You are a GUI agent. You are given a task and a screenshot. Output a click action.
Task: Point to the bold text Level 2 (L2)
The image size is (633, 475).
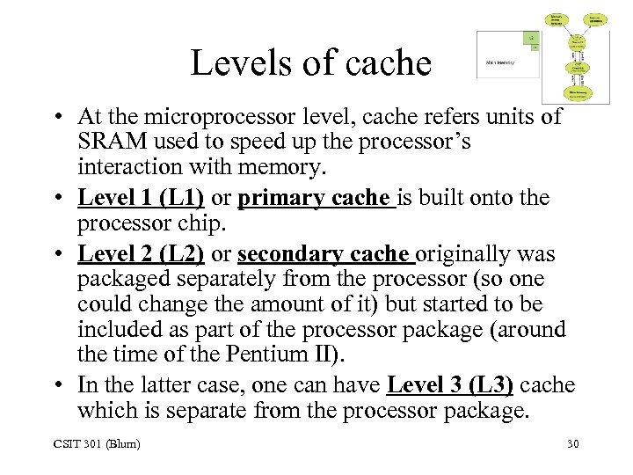coord(141,254)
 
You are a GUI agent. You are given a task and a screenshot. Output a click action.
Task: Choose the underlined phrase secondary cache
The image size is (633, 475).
coord(324,254)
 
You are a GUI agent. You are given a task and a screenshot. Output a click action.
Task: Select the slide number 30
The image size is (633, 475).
coord(572,443)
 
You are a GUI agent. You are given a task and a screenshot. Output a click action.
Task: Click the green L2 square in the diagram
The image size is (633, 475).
coord(531,39)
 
